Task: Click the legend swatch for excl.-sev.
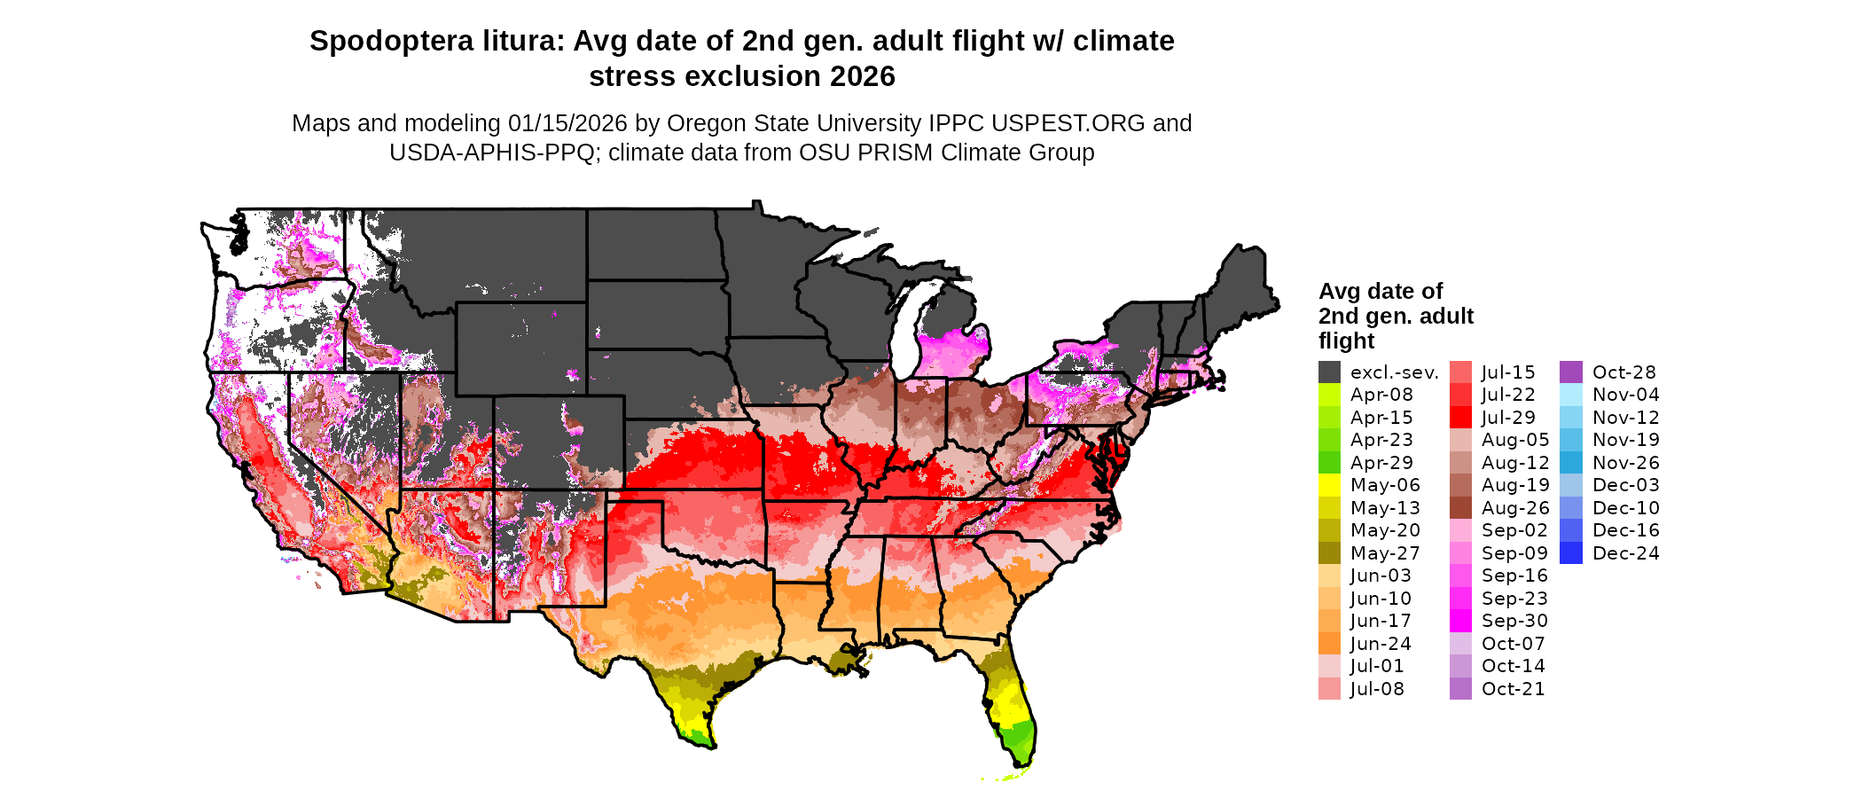click(x=1329, y=372)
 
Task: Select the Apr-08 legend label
click(x=1381, y=395)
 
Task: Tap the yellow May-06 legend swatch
click(x=1329, y=485)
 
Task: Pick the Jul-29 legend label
click(x=1508, y=418)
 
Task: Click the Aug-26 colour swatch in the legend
click(x=1460, y=508)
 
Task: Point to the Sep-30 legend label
click(x=1514, y=621)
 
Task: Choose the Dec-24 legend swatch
click(x=1570, y=553)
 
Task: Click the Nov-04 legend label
click(x=1625, y=395)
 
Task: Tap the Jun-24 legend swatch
click(x=1329, y=644)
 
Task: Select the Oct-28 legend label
click(x=1623, y=372)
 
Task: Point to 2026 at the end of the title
click(x=862, y=77)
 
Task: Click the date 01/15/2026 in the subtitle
click(x=567, y=123)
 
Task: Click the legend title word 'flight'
click(x=1346, y=341)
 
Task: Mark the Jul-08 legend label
click(x=1377, y=689)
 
